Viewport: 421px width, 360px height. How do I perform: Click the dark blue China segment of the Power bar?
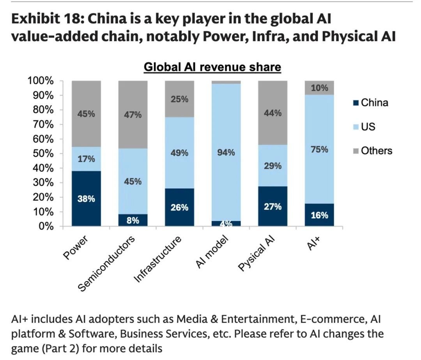click(86, 198)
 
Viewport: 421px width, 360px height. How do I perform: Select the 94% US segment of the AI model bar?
click(226, 152)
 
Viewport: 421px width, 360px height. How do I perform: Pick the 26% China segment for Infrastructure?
click(179, 207)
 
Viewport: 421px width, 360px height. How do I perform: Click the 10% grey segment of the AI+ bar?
click(319, 88)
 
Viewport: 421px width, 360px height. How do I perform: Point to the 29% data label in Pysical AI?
click(273, 166)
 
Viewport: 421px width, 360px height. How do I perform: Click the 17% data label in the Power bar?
click(86, 159)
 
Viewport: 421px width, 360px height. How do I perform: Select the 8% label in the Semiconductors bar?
click(133, 220)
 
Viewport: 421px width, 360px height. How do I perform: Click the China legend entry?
click(370, 103)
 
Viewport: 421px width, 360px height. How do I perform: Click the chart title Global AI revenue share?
click(212, 67)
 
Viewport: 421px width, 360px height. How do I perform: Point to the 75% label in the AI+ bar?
click(319, 150)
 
